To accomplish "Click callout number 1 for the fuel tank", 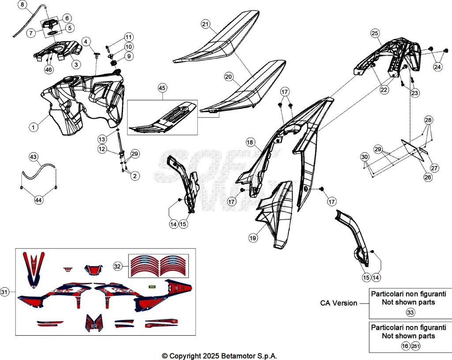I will point(33,127).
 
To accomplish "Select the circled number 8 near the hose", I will point(23,5).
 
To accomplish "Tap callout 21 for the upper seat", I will point(205,24).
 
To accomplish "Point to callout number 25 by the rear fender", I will point(375,33).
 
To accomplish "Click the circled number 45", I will point(162,88).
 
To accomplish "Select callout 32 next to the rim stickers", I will point(117,266).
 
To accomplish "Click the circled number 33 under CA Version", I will point(410,312).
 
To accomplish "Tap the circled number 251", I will point(415,346).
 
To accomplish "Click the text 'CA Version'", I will point(339,303).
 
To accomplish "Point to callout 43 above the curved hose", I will point(34,157).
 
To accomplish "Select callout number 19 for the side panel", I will point(252,238).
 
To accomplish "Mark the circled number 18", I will point(250,142).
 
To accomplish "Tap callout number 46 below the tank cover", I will point(49,69).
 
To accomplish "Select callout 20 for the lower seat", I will point(228,77).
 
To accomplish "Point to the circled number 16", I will point(405,346).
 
